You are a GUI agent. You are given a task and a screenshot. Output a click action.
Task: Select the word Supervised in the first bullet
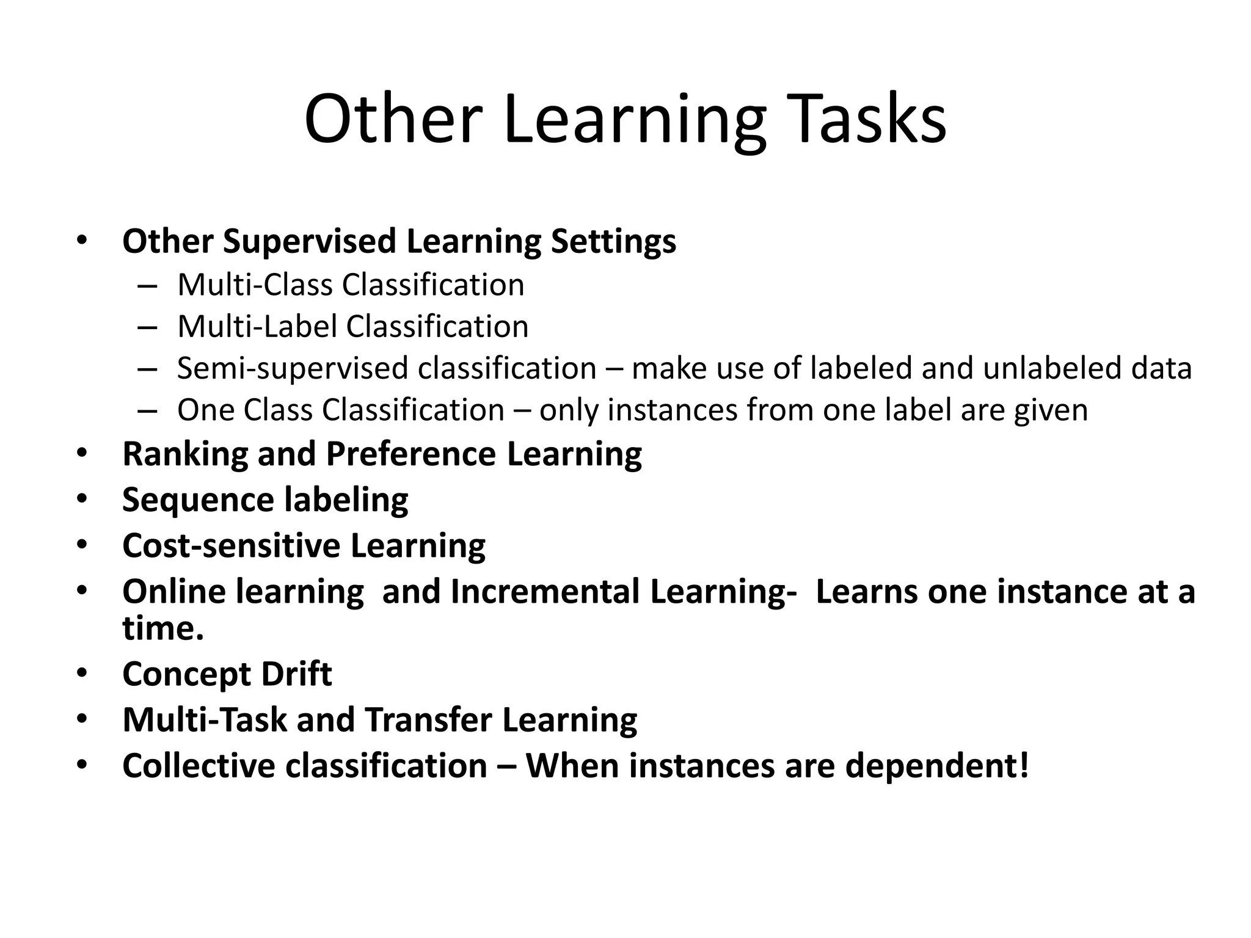pyautogui.click(x=310, y=241)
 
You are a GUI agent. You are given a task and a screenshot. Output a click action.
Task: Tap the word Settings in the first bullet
pyautogui.click(x=613, y=241)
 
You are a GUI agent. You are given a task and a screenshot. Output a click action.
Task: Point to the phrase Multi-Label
pyautogui.click(x=257, y=327)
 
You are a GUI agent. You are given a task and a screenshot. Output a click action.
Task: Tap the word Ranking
pyautogui.click(x=184, y=454)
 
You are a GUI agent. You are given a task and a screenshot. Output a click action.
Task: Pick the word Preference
pyautogui.click(x=410, y=454)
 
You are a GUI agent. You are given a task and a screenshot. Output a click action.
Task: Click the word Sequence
pyautogui.click(x=198, y=500)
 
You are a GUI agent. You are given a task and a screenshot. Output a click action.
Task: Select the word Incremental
pyautogui.click(x=544, y=592)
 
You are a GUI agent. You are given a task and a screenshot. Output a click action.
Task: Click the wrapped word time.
pyautogui.click(x=162, y=628)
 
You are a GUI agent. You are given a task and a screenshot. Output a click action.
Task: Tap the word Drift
pyautogui.click(x=296, y=674)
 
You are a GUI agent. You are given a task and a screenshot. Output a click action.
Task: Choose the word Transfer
pyautogui.click(x=428, y=720)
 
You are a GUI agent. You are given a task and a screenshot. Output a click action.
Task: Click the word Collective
pyautogui.click(x=199, y=766)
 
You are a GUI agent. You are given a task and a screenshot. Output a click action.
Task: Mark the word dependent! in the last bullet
pyautogui.click(x=937, y=766)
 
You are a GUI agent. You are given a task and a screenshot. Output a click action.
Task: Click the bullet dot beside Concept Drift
pyautogui.click(x=82, y=674)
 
